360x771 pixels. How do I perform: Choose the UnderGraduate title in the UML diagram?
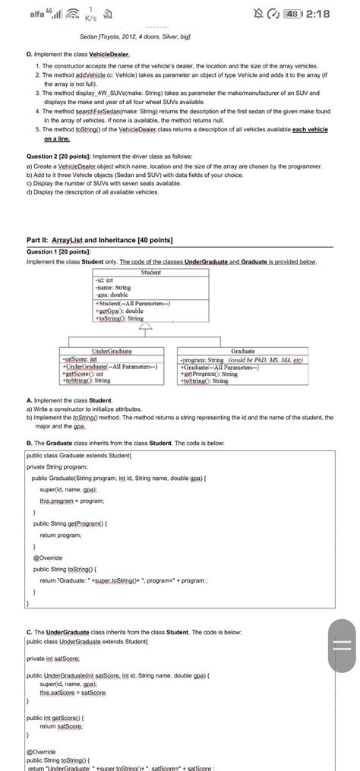(111, 352)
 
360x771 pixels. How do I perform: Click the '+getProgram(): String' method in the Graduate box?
(208, 374)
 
